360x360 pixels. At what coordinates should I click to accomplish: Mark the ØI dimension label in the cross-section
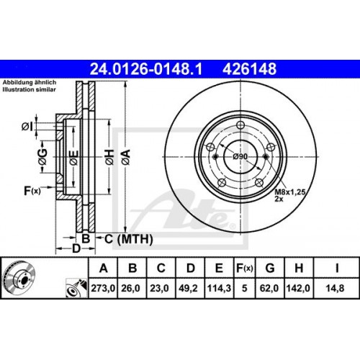point(27,127)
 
